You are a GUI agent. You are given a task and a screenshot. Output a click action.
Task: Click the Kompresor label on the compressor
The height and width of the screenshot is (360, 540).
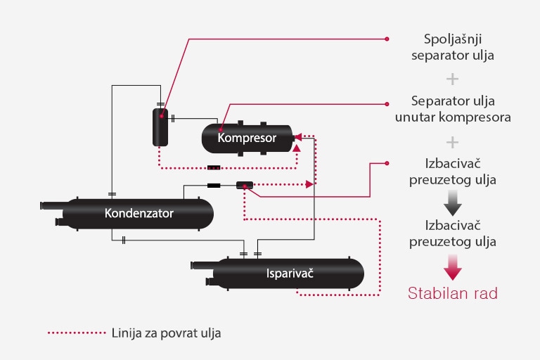pos(247,138)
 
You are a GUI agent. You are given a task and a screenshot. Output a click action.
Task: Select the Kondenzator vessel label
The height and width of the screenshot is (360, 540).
pos(139,212)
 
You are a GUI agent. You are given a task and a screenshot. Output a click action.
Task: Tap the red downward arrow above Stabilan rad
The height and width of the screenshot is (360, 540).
pos(452,267)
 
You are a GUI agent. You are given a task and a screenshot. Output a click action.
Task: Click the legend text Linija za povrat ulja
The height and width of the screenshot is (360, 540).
pos(166,333)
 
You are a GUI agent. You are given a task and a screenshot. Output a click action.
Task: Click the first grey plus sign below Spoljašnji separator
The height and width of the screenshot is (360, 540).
pos(452,78)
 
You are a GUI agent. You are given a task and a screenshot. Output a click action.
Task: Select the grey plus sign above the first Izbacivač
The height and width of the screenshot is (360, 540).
pos(452,141)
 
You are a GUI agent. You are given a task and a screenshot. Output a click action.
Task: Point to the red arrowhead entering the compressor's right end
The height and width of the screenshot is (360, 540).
pos(298,136)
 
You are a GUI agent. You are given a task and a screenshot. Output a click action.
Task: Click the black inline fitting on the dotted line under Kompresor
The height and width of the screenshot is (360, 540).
pos(214,167)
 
